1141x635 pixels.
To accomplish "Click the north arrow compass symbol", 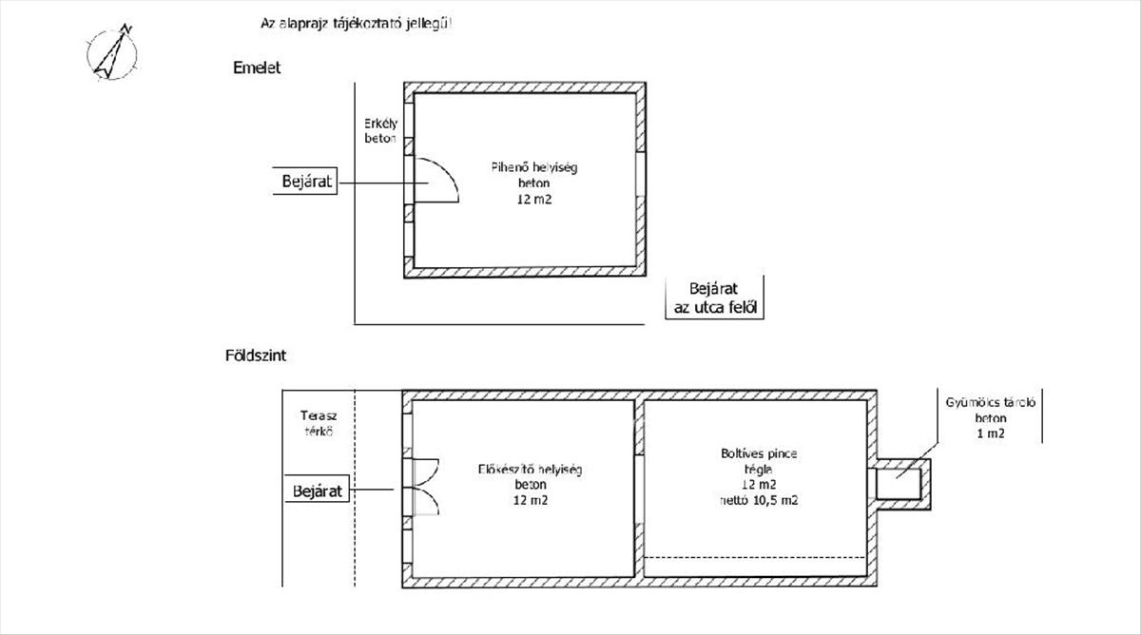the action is pos(112,53).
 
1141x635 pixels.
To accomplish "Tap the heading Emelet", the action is pos(257,67).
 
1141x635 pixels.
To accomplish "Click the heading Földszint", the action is pos(256,355).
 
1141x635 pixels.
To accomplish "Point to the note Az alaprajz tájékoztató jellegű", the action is pos(356,24).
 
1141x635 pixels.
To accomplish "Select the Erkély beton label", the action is pos(380,131).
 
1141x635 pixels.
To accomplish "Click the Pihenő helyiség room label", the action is pos(534,167).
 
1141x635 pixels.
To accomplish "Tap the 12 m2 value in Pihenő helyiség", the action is pos(534,199).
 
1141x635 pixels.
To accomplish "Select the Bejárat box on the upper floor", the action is pos(305,181).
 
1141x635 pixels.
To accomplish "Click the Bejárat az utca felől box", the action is pos(715,298).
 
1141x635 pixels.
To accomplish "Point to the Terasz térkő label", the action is pos(319,424).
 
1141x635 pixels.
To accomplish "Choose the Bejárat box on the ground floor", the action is pos(317,491).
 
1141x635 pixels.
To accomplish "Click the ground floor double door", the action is pos(426,487).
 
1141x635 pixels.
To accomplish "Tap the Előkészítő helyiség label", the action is pos(530,469).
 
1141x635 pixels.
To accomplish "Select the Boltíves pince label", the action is pos(759,453).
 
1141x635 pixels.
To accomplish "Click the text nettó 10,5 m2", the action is pos(759,500).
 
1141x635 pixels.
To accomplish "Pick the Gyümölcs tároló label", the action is pos(991,402).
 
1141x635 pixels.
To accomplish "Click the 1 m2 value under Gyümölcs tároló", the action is pos(991,433).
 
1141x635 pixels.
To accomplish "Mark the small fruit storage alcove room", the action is pos(899,484).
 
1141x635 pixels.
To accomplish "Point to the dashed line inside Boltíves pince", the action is pos(755,558).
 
